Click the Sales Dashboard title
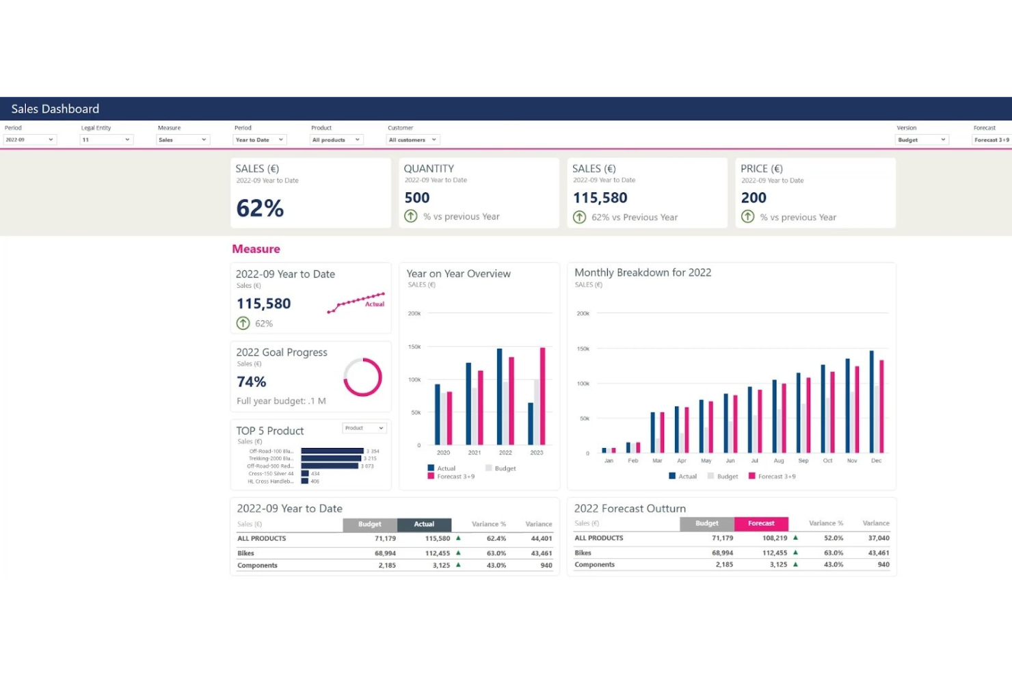[x=55, y=109]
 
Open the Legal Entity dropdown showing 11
[x=106, y=140]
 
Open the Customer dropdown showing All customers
[x=413, y=140]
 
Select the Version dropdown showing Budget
[x=921, y=140]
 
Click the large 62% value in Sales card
[x=260, y=208]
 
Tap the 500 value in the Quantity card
[x=417, y=198]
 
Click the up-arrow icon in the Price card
[x=748, y=217]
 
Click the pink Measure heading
[x=256, y=249]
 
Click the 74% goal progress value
[x=252, y=382]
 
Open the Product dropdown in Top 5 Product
[x=364, y=428]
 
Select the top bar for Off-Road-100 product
[x=332, y=451]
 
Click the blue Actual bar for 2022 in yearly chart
[x=499, y=397]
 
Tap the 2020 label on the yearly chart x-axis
[x=443, y=453]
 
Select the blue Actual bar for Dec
[x=871, y=401]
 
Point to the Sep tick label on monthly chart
[x=803, y=461]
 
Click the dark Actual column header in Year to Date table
[x=424, y=525]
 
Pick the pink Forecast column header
[x=761, y=524]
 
